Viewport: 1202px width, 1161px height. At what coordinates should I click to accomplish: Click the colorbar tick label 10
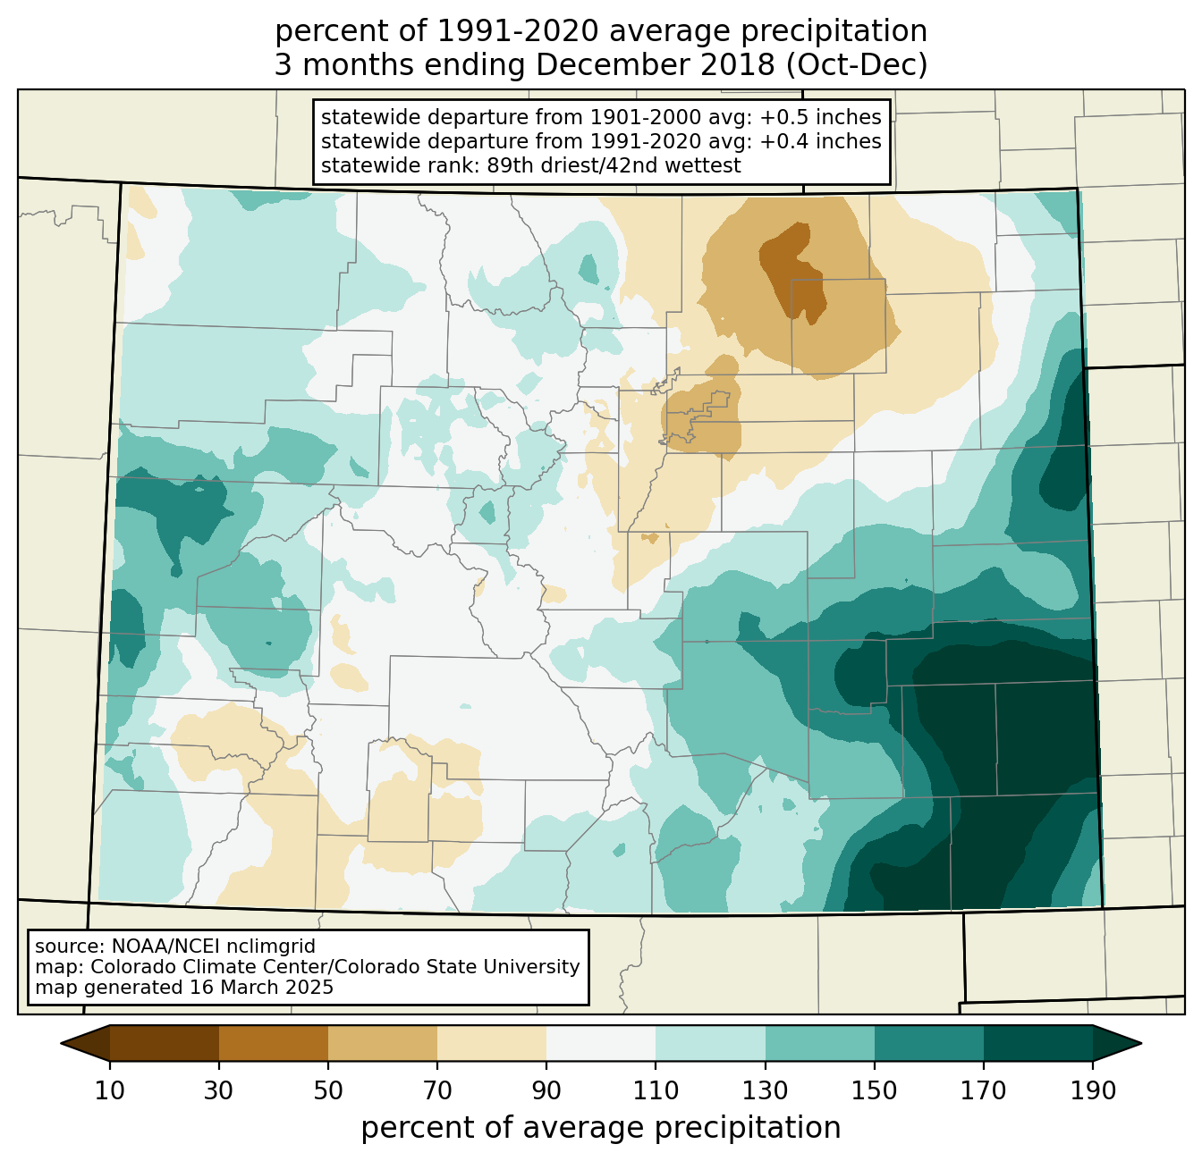click(x=109, y=1090)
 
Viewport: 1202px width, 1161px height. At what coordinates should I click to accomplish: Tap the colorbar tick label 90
click(x=546, y=1090)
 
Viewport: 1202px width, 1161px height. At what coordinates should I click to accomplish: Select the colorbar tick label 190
click(x=1093, y=1090)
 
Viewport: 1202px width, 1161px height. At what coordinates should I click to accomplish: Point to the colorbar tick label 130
click(x=765, y=1090)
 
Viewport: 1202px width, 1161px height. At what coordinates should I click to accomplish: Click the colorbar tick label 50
click(x=328, y=1090)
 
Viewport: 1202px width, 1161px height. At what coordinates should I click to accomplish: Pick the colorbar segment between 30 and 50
click(x=273, y=1043)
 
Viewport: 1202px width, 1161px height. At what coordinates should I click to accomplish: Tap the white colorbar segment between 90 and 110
click(x=601, y=1043)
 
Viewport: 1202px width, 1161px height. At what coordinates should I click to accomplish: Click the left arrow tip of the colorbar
click(x=61, y=1043)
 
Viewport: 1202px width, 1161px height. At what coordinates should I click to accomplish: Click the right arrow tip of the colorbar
click(x=1141, y=1043)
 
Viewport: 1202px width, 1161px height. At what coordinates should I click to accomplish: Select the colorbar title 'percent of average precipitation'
click(x=600, y=1127)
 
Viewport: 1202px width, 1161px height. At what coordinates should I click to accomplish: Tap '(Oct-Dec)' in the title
click(x=857, y=65)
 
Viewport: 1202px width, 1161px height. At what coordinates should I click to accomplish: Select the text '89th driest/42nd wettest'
click(x=614, y=165)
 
